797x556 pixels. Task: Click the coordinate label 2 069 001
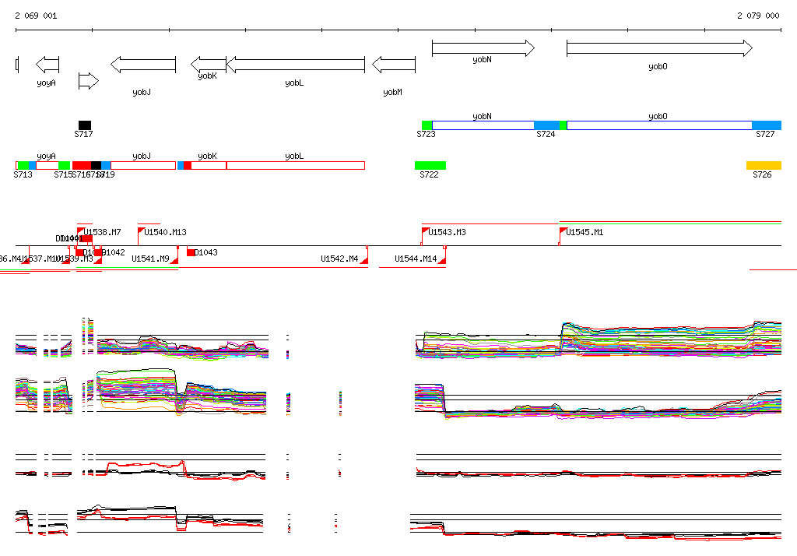[36, 16]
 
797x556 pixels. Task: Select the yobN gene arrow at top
[483, 48]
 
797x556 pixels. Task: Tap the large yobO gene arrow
[658, 48]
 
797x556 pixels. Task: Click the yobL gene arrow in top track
[294, 64]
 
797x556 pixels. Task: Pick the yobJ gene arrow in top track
[142, 64]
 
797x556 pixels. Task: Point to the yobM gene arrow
[393, 64]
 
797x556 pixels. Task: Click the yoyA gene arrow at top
[47, 64]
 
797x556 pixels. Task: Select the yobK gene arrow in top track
[208, 64]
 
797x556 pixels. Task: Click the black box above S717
[84, 125]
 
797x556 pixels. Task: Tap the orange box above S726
[763, 165]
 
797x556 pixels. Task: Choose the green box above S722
[430, 165]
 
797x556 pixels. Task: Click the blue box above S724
[546, 125]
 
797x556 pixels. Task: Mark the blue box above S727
[766, 125]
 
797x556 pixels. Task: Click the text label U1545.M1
[585, 232]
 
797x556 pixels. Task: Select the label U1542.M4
[339, 259]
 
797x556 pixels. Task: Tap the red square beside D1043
[191, 252]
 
